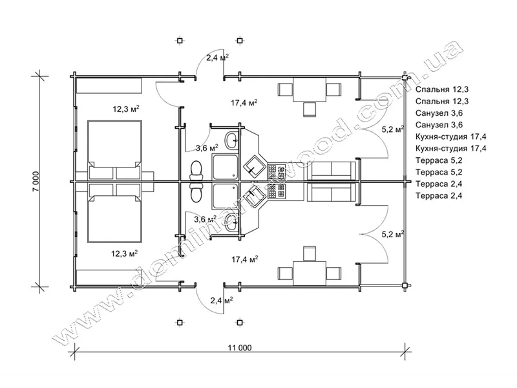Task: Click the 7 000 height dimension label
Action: [x=36, y=181]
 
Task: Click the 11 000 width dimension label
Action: [x=240, y=348]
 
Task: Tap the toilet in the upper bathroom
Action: [x=196, y=171]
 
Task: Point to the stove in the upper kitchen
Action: [x=277, y=172]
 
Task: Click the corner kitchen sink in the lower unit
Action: [x=254, y=195]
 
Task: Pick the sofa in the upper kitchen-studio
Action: [x=332, y=171]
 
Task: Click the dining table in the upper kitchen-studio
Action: [x=310, y=90]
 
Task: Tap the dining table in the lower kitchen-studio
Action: [x=310, y=273]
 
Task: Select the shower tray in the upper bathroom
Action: [x=225, y=167]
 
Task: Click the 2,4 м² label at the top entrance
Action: [x=218, y=58]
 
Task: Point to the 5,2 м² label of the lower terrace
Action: [x=393, y=234]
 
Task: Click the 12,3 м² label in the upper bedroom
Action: [x=126, y=109]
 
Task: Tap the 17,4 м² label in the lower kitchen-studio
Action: [x=245, y=259]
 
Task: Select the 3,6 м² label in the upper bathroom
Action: [x=207, y=147]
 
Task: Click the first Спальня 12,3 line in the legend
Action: [x=442, y=89]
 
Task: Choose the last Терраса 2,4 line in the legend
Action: [x=439, y=196]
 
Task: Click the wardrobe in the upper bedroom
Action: [x=109, y=85]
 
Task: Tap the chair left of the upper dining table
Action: [x=286, y=89]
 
